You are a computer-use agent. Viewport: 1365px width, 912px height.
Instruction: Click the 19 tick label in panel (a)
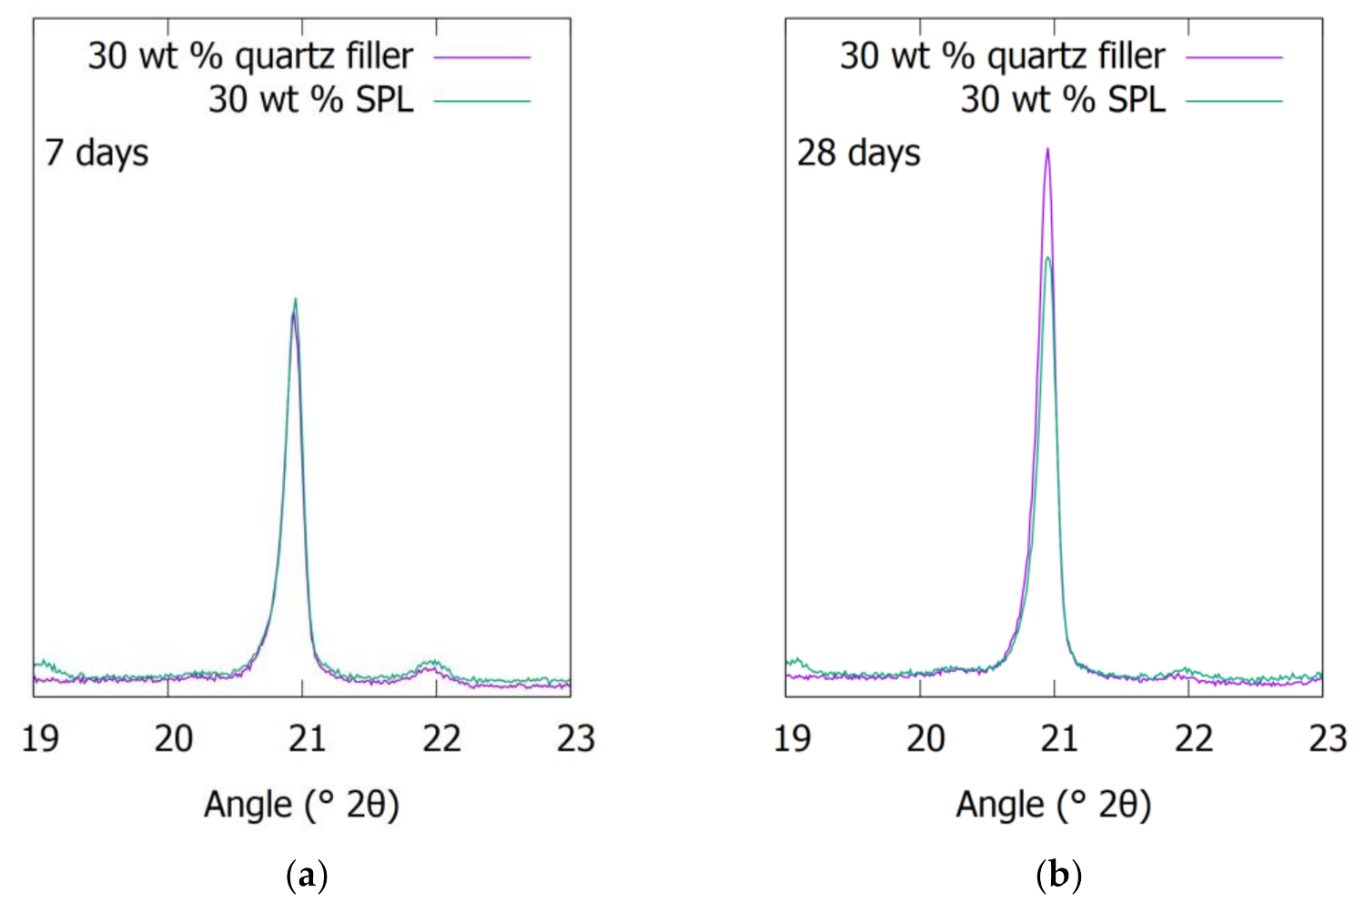40,737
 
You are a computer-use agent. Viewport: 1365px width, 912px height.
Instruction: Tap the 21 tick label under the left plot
307,737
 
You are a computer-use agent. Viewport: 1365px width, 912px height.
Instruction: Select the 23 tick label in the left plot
575,737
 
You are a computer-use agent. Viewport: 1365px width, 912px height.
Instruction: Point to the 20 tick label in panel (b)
925,737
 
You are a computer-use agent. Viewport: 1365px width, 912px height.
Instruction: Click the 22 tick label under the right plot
1193,737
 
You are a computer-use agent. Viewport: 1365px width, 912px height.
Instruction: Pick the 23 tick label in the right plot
1327,737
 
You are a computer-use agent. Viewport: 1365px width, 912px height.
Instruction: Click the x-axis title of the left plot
301,805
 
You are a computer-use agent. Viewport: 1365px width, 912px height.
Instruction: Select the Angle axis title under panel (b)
1053,805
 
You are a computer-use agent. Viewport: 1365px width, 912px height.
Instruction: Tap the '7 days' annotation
96,153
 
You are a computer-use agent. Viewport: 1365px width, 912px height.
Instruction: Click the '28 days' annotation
858,153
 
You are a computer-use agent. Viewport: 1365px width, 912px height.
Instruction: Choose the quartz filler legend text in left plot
250,56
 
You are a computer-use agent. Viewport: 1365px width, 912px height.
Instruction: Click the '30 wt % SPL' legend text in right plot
1063,99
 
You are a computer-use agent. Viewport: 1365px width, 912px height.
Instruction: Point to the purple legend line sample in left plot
481,57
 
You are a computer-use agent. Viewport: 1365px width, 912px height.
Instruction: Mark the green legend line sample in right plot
1234,101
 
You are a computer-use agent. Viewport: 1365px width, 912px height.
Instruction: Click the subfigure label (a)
307,877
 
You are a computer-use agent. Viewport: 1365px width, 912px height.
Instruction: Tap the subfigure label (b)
1058,877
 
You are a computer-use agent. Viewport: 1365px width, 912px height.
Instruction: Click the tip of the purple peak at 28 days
1047,150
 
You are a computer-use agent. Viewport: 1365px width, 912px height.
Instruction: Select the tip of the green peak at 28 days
1048,258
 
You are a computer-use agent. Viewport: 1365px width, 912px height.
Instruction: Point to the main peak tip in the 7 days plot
295,300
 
